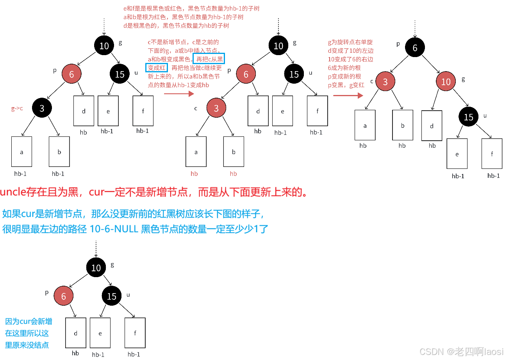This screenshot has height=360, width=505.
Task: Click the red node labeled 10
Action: point(446,82)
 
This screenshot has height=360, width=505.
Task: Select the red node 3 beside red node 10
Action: point(385,82)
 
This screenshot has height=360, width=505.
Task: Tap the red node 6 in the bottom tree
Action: point(64,296)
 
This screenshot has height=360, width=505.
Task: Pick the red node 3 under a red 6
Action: point(216,109)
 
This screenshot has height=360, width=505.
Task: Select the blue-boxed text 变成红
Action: point(156,68)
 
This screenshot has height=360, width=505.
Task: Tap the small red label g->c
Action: point(17,109)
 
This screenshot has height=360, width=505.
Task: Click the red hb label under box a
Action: point(194,174)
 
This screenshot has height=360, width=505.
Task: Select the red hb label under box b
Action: point(233,174)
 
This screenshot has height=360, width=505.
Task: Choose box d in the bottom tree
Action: point(75,333)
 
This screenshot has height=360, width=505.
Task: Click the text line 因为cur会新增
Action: point(29,322)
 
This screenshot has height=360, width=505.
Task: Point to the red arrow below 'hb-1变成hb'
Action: point(179,93)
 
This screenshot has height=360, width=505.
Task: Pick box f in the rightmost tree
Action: point(492,154)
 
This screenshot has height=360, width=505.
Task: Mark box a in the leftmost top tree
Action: point(21,152)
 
